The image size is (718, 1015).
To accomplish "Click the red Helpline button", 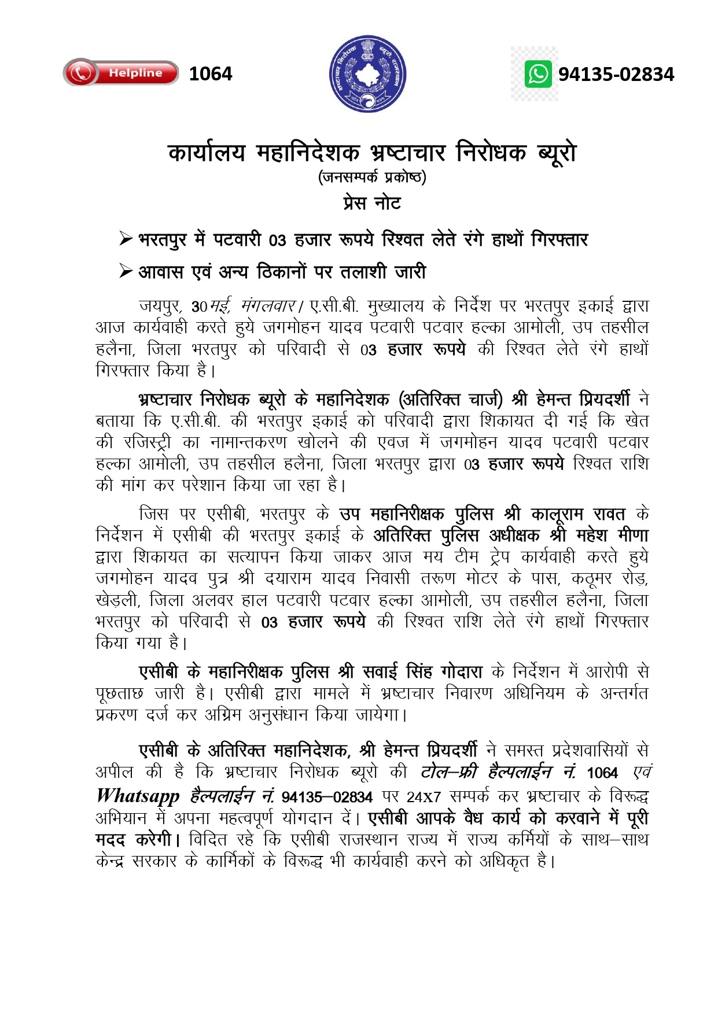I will (120, 73).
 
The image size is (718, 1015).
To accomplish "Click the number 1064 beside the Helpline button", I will (210, 74).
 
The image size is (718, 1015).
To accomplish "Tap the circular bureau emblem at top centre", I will (367, 73).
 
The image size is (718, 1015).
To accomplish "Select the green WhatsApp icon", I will (538, 75).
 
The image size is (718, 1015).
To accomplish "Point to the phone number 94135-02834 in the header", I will (616, 75).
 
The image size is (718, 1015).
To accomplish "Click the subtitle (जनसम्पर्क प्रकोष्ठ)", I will (372, 176).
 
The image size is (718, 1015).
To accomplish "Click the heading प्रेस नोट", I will (371, 203).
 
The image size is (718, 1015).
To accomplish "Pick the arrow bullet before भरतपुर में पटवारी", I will (126, 238).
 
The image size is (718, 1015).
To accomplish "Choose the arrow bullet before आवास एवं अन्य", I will (126, 271).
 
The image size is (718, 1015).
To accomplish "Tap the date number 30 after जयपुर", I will (199, 306).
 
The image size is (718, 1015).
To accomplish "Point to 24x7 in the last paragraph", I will (424, 797).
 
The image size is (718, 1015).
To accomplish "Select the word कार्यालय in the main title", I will (207, 153).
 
